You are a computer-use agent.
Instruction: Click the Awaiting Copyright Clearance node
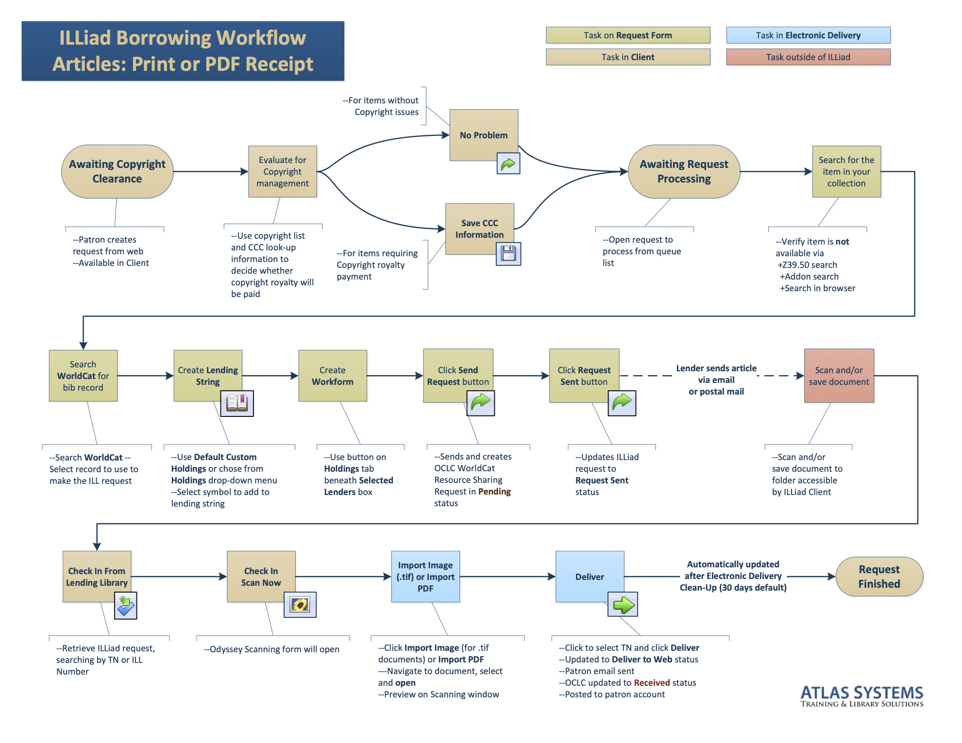point(117,171)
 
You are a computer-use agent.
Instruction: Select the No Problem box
point(483,135)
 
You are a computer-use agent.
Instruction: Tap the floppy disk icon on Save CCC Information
point(508,254)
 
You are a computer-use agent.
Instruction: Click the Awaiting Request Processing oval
point(683,171)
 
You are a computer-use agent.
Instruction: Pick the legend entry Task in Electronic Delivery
point(808,35)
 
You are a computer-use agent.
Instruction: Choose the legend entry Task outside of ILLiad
point(808,57)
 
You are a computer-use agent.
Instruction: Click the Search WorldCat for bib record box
point(83,376)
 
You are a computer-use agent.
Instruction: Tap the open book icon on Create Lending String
point(237,403)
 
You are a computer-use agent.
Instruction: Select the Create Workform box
point(332,376)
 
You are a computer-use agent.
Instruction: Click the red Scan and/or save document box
point(839,376)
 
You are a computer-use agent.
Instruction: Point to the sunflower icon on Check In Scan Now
point(300,605)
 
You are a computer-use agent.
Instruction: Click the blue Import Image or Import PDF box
point(425,577)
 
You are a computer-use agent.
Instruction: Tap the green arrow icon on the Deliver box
point(623,605)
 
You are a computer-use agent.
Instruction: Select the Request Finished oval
point(879,577)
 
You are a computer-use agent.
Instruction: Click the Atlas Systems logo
point(861,696)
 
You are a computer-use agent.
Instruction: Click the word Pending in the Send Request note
point(494,492)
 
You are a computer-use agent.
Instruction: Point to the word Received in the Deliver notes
point(652,683)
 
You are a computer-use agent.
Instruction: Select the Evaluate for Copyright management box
point(282,171)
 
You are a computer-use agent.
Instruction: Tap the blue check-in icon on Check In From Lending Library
point(125,606)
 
